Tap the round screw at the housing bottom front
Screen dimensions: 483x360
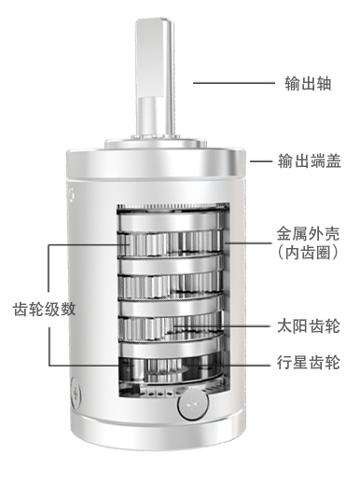pyautogui.click(x=190, y=407)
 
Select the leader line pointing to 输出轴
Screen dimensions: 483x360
pyautogui.click(x=228, y=83)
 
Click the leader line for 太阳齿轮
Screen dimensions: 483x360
pyautogui.click(x=247, y=328)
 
